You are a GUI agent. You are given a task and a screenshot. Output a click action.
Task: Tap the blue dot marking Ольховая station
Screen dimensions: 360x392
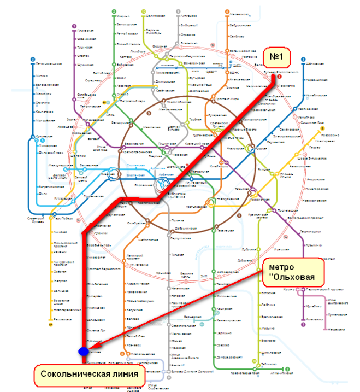point(83,352)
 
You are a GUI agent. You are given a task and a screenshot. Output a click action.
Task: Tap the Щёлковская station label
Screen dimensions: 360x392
point(316,64)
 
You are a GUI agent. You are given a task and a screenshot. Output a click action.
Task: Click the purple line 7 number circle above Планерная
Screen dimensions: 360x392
point(74,26)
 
